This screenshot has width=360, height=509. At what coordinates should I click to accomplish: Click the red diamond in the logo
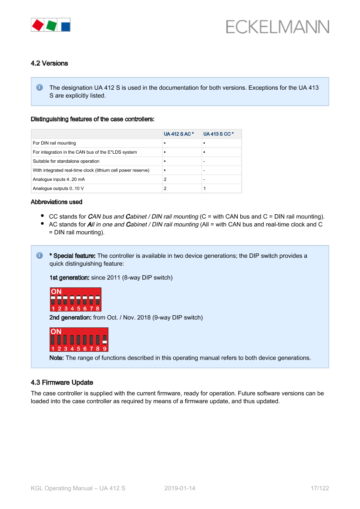click(x=38, y=25)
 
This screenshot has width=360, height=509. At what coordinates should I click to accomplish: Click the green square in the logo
click(x=51, y=25)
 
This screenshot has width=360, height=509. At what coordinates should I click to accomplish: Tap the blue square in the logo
click(x=66, y=26)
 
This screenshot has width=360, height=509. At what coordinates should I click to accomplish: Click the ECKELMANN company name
click(x=278, y=27)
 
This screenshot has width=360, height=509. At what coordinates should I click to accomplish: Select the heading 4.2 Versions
click(x=49, y=63)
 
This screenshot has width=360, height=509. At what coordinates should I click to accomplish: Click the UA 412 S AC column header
click(x=179, y=134)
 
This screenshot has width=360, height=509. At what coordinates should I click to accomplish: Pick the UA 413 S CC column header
click(x=219, y=134)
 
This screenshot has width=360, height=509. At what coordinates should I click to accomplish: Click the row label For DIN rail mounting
click(x=54, y=143)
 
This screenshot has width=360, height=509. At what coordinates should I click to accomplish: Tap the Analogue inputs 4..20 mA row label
click(x=59, y=179)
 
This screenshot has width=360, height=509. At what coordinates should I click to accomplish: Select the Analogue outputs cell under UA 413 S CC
click(x=205, y=188)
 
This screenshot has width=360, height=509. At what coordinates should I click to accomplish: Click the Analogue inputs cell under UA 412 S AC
click(x=165, y=179)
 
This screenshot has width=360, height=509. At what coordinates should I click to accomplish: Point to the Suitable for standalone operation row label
click(x=66, y=161)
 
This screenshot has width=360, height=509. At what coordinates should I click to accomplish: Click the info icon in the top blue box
click(x=40, y=88)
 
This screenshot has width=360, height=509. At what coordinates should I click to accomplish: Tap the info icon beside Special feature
click(x=40, y=256)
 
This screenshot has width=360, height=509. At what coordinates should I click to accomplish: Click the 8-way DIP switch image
click(x=76, y=299)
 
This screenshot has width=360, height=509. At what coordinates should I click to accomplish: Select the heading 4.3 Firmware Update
click(x=62, y=382)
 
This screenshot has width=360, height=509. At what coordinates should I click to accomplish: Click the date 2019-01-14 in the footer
click(x=180, y=488)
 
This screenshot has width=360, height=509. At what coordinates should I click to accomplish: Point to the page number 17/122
click(x=320, y=488)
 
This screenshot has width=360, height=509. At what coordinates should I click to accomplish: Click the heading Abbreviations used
click(x=57, y=202)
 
